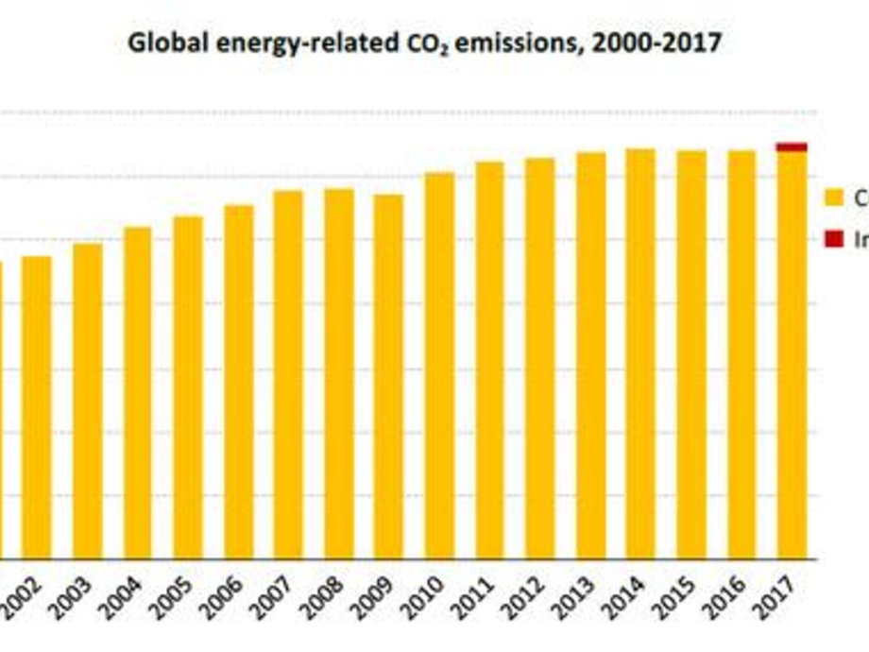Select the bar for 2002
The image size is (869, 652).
coord(37,406)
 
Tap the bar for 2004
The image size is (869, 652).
coord(138,392)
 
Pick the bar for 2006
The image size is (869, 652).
coord(239,382)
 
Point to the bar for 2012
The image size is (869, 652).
coord(540,358)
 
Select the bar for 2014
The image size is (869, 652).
coord(640,353)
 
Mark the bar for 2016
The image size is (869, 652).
coord(741,354)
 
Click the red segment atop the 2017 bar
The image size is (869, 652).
coord(792,146)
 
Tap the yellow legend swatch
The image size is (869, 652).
coord(833,197)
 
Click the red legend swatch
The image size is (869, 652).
coord(833,240)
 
